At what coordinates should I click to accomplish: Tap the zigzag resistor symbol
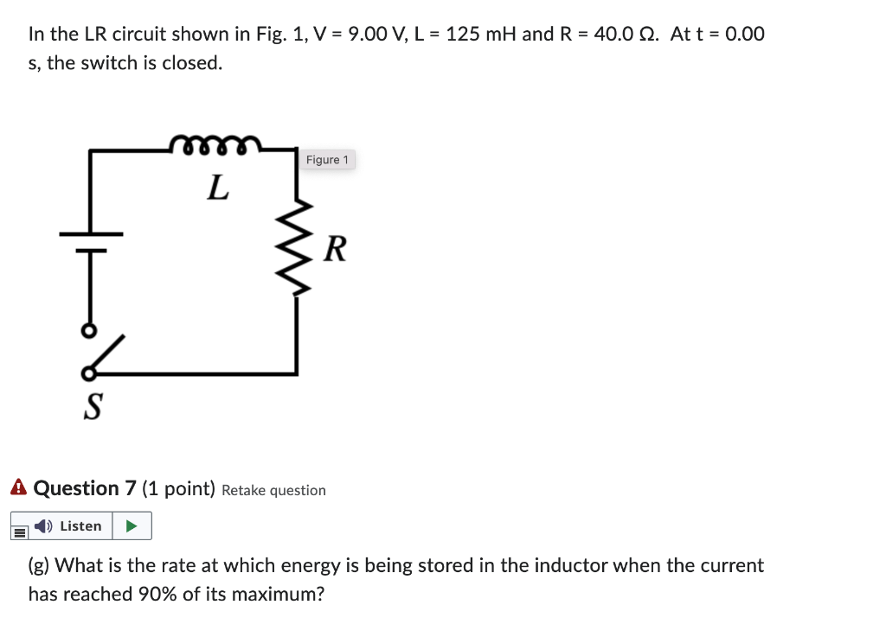tap(299, 247)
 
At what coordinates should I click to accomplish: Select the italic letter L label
tap(218, 187)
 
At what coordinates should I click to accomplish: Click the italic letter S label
tap(91, 404)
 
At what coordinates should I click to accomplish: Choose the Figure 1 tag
tap(327, 160)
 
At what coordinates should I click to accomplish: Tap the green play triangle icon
tap(132, 525)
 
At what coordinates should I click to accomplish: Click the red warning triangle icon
tap(19, 488)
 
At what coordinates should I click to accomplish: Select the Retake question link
tap(273, 490)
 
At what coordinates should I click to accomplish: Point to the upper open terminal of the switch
tap(87, 332)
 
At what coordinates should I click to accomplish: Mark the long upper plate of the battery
tap(91, 233)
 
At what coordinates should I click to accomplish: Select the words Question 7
tap(85, 488)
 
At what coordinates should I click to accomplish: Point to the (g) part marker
tap(38, 566)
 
